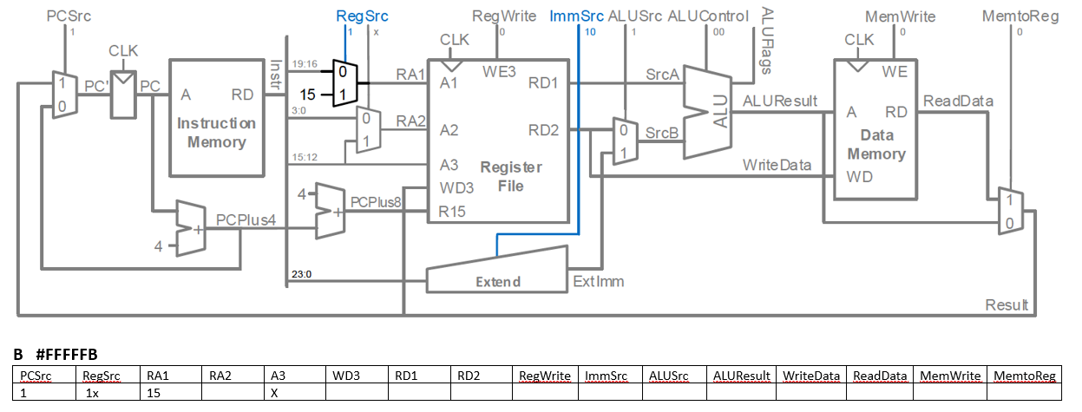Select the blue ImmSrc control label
click(x=576, y=16)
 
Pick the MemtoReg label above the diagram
click(x=1020, y=17)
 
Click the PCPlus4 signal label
click(x=246, y=219)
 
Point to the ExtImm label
click(x=599, y=281)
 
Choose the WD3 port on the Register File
click(x=456, y=187)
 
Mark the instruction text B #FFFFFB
click(x=56, y=355)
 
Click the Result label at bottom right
click(x=1007, y=304)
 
